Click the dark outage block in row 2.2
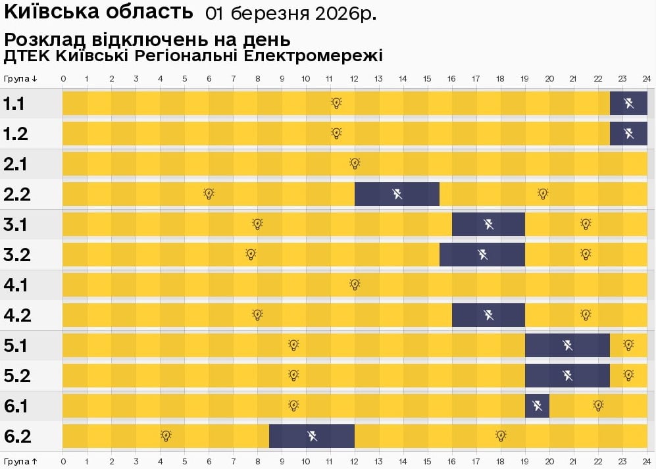tap(397, 194)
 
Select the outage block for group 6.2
tap(312, 436)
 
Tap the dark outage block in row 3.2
tap(482, 255)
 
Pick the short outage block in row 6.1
tap(538, 406)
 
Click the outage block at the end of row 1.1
tap(628, 103)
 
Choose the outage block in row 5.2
tap(567, 376)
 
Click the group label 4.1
tap(16, 285)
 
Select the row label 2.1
tap(16, 164)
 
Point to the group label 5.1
tap(16, 345)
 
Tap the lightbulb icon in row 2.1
tap(355, 164)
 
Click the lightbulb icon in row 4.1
tap(355, 285)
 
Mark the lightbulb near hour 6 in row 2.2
tap(209, 194)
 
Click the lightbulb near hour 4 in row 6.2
tap(166, 436)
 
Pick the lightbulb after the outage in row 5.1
tap(628, 345)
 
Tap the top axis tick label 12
tap(354, 79)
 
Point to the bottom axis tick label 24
tap(647, 461)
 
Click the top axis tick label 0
tap(63, 79)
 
